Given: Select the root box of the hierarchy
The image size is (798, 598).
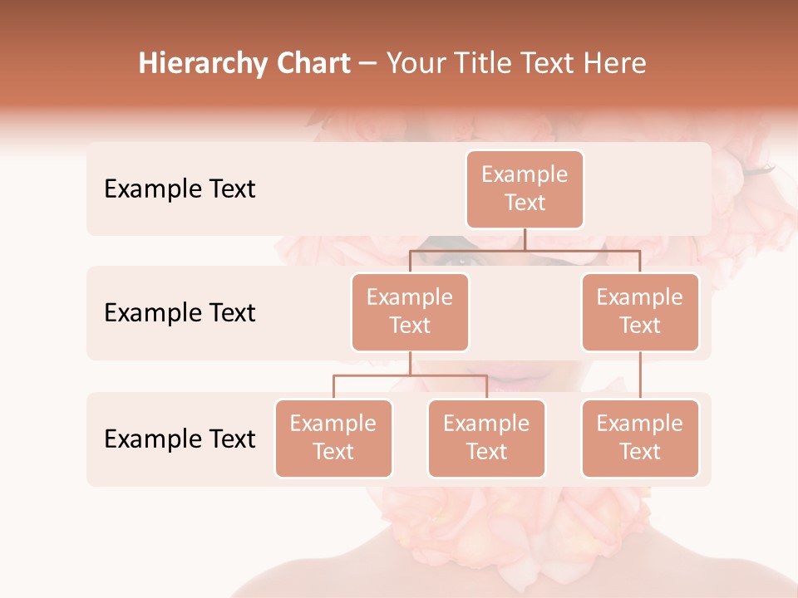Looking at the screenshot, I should point(525,189).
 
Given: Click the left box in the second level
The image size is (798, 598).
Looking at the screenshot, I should point(410,312).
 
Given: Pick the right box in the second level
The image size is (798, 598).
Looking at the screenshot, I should point(640,312).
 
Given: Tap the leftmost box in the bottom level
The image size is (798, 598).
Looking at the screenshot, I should point(333,439).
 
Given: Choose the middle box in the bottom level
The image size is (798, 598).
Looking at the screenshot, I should point(486,439).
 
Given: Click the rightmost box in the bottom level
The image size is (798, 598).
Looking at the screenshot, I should point(640,439).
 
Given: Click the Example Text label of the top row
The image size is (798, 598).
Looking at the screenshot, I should point(180,189).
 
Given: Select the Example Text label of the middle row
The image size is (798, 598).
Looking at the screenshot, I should point(180,313).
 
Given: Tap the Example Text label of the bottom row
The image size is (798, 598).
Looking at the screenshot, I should point(180,439).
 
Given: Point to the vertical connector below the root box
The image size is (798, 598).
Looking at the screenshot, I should point(525,239).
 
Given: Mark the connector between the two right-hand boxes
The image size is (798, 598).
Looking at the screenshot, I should point(640,375).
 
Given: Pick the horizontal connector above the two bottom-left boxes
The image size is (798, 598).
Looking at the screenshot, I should point(410,375).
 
